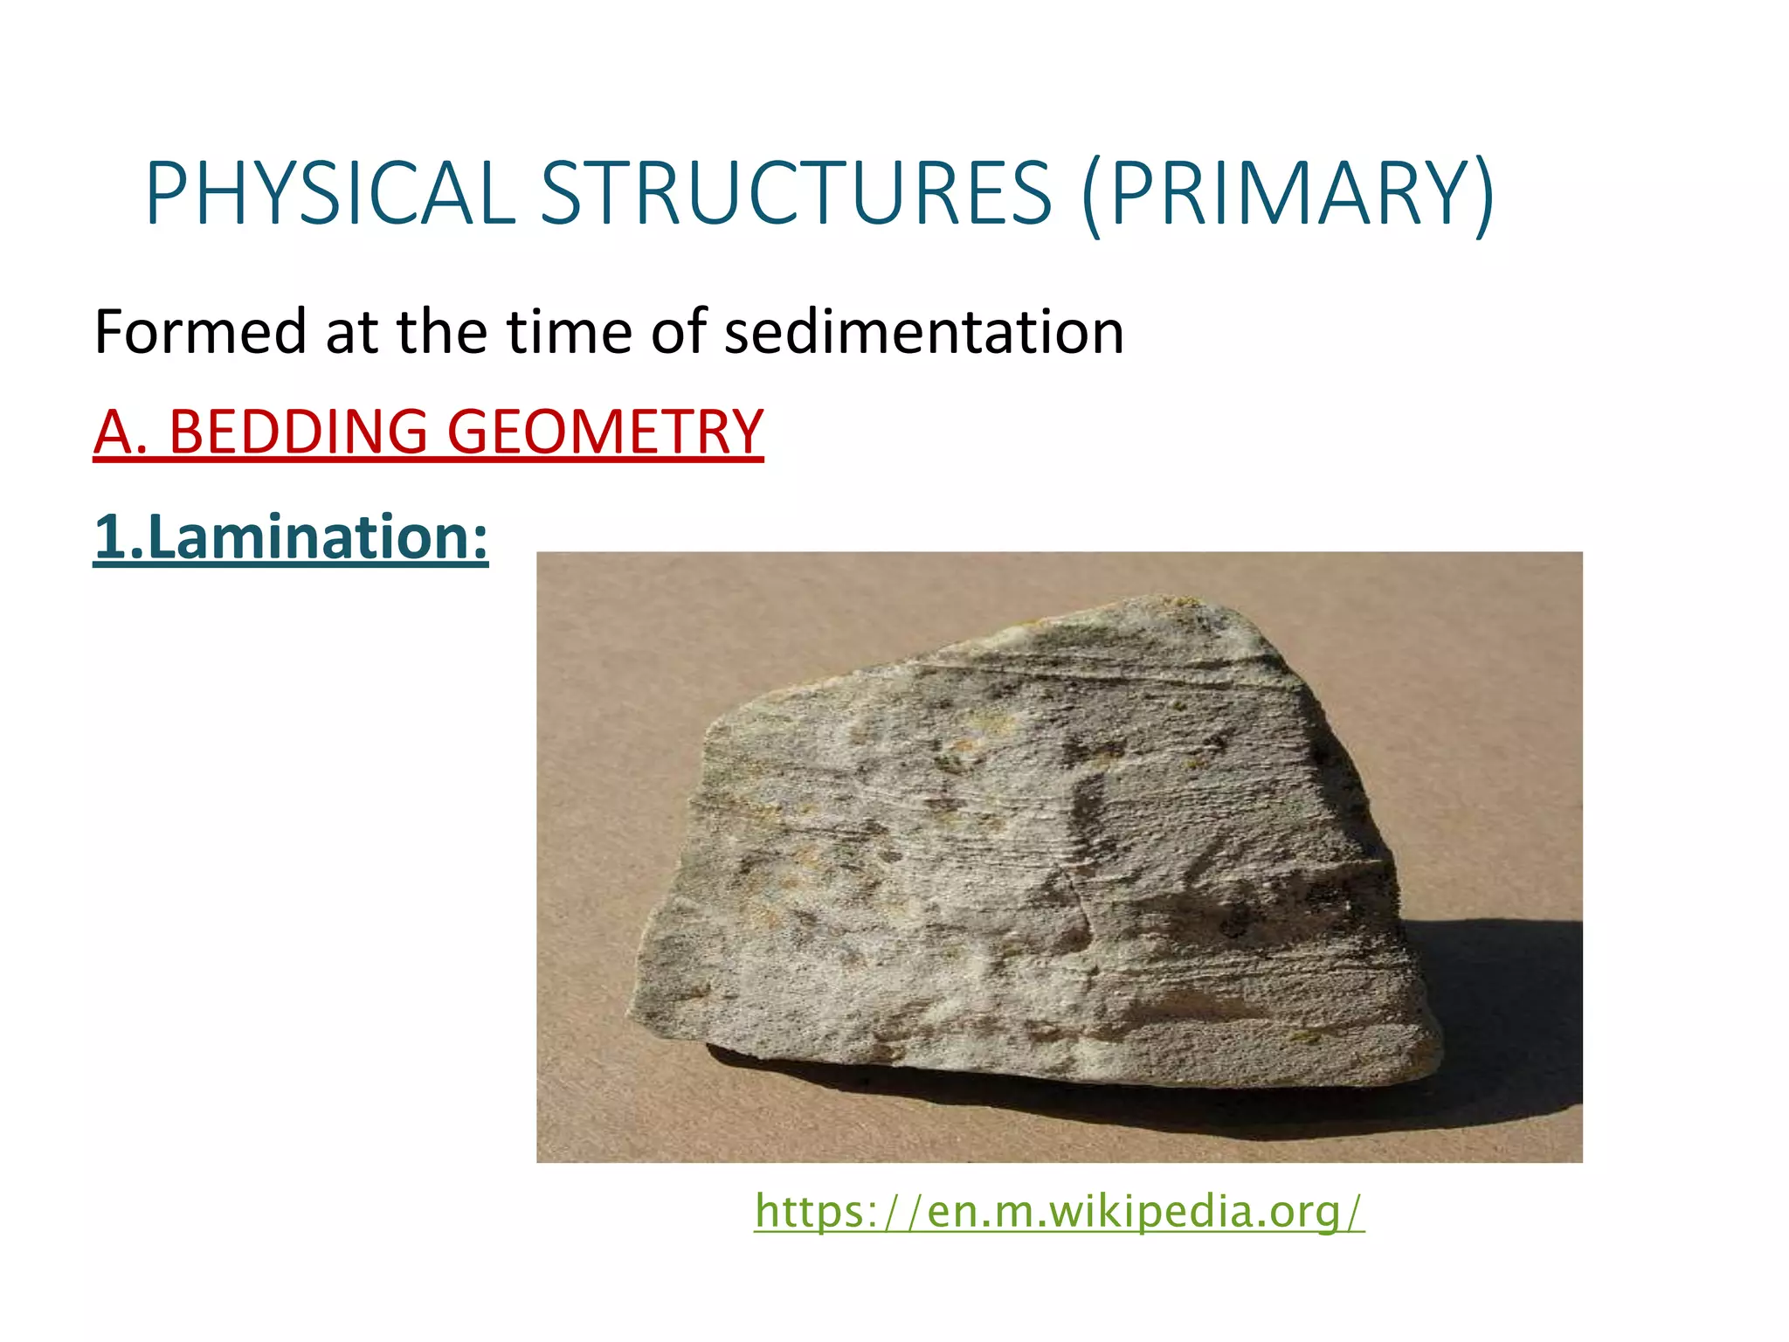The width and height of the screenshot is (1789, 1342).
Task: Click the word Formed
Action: pyautogui.click(x=200, y=333)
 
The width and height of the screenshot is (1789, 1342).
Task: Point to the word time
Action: pyautogui.click(x=569, y=333)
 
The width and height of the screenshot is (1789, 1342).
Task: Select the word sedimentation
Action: pyautogui.click(x=923, y=333)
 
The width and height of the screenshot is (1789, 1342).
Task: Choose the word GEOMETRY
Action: pyautogui.click(x=604, y=432)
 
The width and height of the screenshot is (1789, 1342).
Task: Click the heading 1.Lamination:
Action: pyautogui.click(x=290, y=536)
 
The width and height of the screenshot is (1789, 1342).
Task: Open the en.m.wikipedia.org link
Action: pyautogui.click(x=1059, y=1212)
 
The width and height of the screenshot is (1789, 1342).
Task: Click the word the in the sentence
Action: pyautogui.click(x=441, y=333)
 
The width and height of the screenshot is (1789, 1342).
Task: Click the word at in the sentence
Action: pyautogui.click(x=351, y=333)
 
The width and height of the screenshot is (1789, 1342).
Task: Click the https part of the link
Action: pyautogui.click(x=809, y=1212)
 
